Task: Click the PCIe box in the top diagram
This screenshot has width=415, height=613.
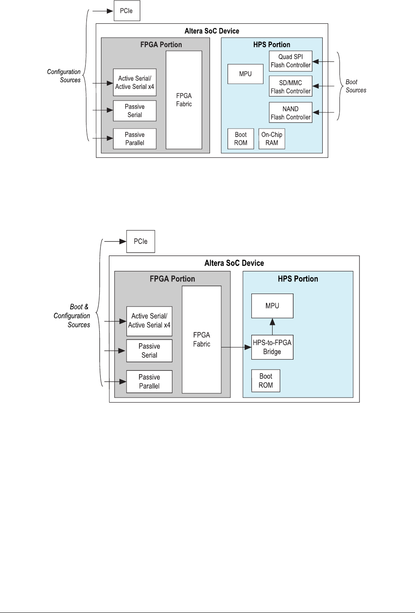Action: pyautogui.click(x=127, y=11)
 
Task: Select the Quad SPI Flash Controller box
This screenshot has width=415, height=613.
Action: pyautogui.click(x=291, y=61)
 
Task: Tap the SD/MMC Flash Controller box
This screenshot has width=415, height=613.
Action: pyautogui.click(x=291, y=87)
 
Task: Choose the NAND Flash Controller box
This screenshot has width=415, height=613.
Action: pyautogui.click(x=291, y=113)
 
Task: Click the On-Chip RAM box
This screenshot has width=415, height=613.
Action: pyautogui.click(x=272, y=139)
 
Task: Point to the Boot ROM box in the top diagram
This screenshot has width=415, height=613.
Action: pyautogui.click(x=241, y=139)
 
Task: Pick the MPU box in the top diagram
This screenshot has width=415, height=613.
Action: pyautogui.click(x=245, y=74)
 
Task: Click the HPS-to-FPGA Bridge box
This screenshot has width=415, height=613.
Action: pyautogui.click(x=272, y=347)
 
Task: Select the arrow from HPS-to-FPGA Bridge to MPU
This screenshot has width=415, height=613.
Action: pyautogui.click(x=272, y=326)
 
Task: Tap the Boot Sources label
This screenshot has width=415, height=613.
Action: pyautogui.click(x=356, y=86)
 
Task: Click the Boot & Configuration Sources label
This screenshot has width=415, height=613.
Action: pyautogui.click(x=73, y=316)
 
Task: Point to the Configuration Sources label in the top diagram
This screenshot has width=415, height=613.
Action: pyautogui.click(x=64, y=76)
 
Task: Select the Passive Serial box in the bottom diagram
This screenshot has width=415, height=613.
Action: pyautogui.click(x=149, y=351)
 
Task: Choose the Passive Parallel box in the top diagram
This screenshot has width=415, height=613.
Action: pyautogui.click(x=134, y=139)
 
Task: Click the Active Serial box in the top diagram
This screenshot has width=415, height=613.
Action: pyautogui.click(x=134, y=82)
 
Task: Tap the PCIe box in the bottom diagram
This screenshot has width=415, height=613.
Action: pyautogui.click(x=141, y=241)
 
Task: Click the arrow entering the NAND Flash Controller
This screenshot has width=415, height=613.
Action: pyautogui.click(x=324, y=112)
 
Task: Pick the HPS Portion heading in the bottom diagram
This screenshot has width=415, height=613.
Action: pyautogui.click(x=298, y=279)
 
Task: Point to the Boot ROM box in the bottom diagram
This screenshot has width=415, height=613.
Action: pyautogui.click(x=266, y=381)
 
